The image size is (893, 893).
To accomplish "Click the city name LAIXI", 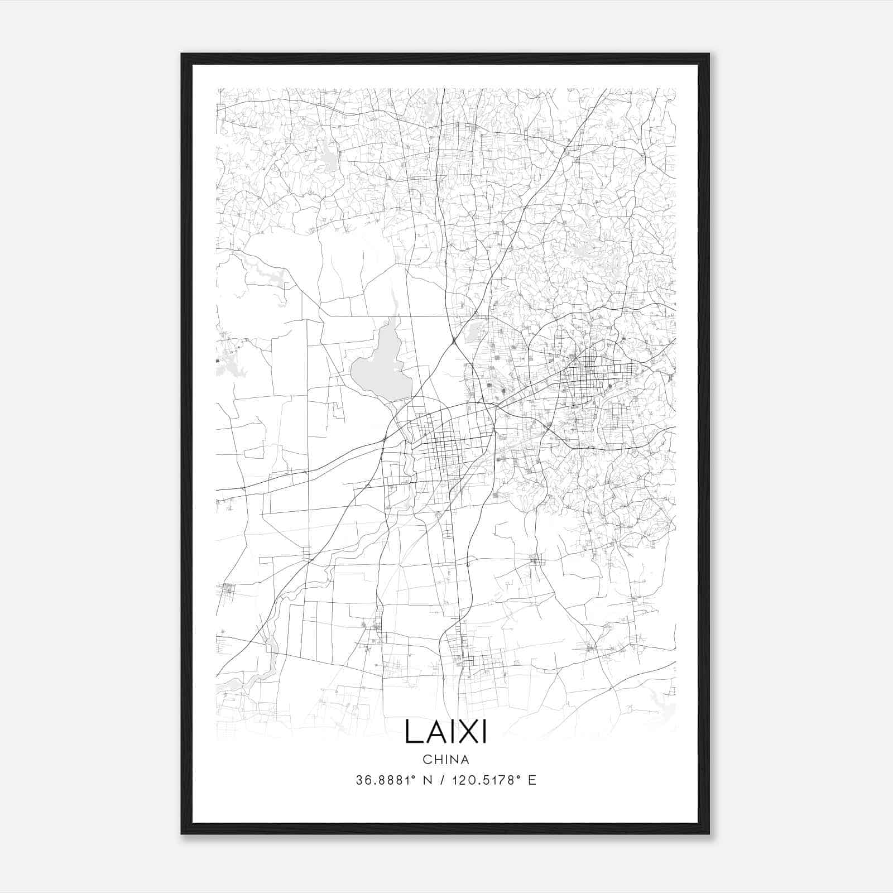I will pos(445,731).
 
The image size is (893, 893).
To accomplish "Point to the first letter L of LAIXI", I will pos(412,731).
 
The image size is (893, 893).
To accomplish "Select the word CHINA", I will pos(445,760).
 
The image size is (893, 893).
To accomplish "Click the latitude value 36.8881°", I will pos(387,780).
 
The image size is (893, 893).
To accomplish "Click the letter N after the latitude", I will pos(428,780).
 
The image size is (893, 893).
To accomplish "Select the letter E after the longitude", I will pos(532,780).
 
